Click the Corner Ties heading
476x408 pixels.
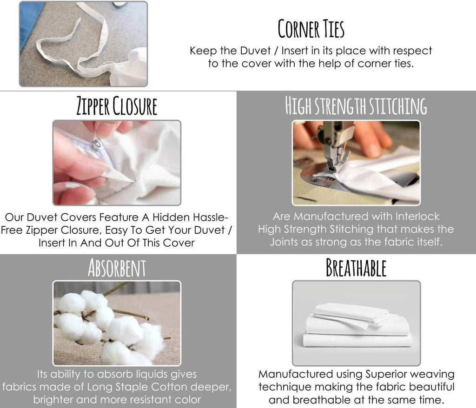pos(311,28)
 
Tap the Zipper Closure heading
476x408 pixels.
pos(117,106)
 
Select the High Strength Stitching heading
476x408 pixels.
pos(356,106)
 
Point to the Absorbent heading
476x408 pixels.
pos(117,268)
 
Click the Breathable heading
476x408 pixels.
pos(356,268)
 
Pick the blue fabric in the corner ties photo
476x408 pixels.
pos(30,24)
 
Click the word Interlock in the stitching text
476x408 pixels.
pos(417,216)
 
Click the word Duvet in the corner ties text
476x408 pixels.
pos(255,51)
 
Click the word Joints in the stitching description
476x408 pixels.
pos(284,242)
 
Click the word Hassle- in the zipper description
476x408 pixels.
pos(211,217)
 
